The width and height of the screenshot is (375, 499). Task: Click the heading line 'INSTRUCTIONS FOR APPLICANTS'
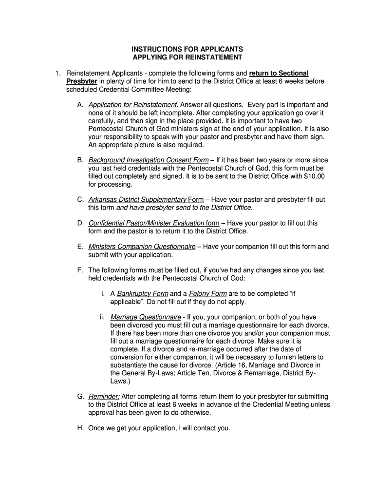pyautogui.click(x=187, y=50)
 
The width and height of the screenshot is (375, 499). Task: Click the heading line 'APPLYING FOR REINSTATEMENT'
pyautogui.click(x=187, y=58)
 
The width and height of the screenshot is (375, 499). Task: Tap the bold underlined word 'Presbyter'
pyautogui.click(x=82, y=81)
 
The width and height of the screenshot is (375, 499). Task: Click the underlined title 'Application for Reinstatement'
pyautogui.click(x=132, y=105)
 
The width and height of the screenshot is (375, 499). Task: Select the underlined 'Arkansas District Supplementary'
pyautogui.click(x=137, y=200)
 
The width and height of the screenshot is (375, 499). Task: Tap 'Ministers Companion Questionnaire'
pyautogui.click(x=142, y=247)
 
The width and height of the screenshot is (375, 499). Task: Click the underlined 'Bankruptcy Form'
pyautogui.click(x=143, y=294)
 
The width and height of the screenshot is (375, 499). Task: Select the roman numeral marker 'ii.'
pyautogui.click(x=103, y=317)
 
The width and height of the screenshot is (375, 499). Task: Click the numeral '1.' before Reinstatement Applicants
pyautogui.click(x=57, y=73)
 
